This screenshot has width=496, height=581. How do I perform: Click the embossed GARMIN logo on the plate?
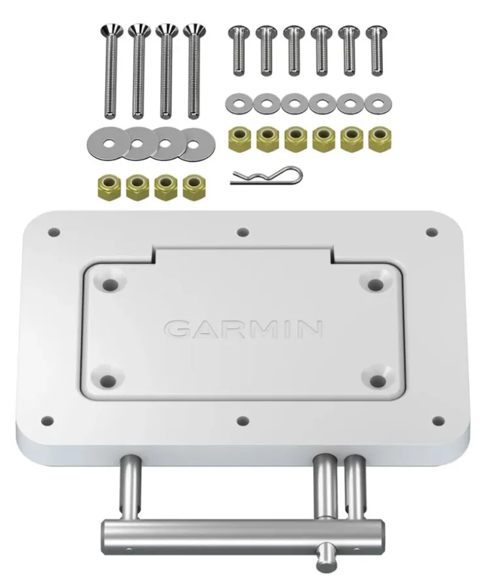point(243,328)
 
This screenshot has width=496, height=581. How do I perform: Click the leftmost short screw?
point(237,50)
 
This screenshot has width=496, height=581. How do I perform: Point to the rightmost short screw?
point(375,50)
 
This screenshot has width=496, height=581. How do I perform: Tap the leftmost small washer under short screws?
point(237,103)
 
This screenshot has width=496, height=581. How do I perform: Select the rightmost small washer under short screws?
point(376,103)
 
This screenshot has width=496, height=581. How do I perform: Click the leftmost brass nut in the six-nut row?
point(237,138)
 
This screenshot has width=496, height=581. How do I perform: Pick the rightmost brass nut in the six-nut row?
point(377,138)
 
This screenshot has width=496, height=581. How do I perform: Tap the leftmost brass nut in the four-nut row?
point(108,187)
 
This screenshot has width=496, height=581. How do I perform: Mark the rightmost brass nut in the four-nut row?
point(193,187)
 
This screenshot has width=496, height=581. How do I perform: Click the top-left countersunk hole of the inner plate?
point(110,284)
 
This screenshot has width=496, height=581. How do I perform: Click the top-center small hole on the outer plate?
point(242,232)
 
